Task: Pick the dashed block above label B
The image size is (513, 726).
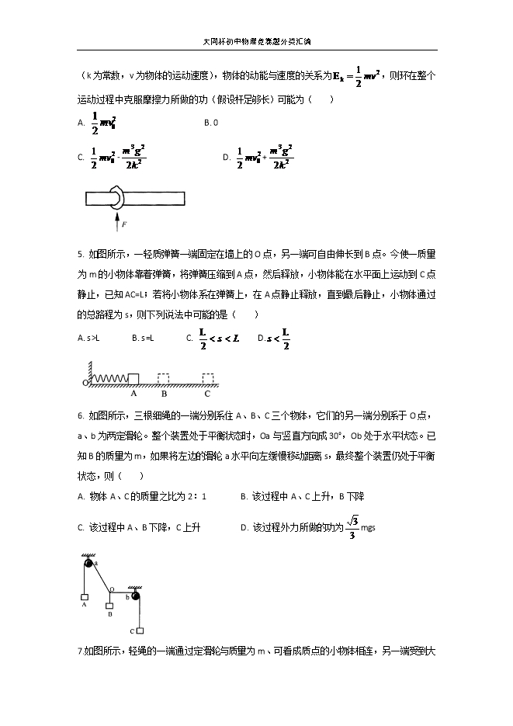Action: [x=164, y=377]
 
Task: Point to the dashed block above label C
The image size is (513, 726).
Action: [x=207, y=377]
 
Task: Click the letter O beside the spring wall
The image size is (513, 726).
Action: [x=85, y=384]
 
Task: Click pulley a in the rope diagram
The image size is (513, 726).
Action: [x=88, y=563]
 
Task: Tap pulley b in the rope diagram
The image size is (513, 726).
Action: [x=136, y=596]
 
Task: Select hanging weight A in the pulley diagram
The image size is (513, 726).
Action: [x=84, y=598]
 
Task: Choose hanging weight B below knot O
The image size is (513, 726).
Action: [x=110, y=606]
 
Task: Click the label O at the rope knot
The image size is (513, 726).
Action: [x=111, y=589]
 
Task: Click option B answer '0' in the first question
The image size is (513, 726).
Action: [x=210, y=123]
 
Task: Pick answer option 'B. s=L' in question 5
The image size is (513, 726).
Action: [x=143, y=338]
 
